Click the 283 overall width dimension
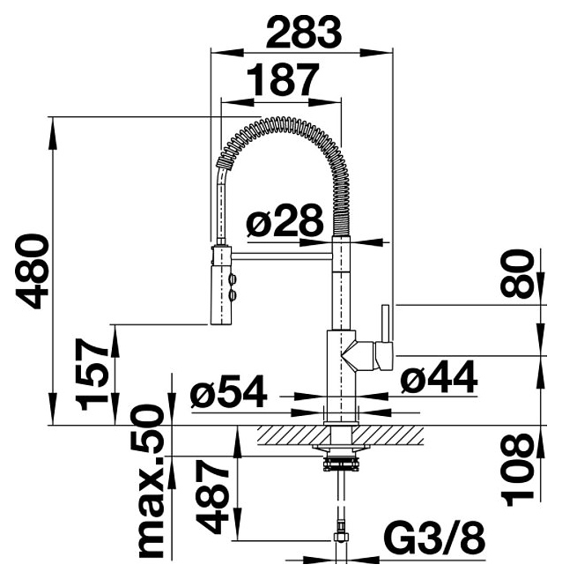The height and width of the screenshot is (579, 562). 304,32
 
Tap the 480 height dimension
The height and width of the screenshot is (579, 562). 32,271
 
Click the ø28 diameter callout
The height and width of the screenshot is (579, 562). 285,220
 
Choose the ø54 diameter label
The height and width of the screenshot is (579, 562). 229,391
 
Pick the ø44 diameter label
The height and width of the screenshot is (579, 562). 440,377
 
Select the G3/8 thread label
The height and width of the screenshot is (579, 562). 434,540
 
